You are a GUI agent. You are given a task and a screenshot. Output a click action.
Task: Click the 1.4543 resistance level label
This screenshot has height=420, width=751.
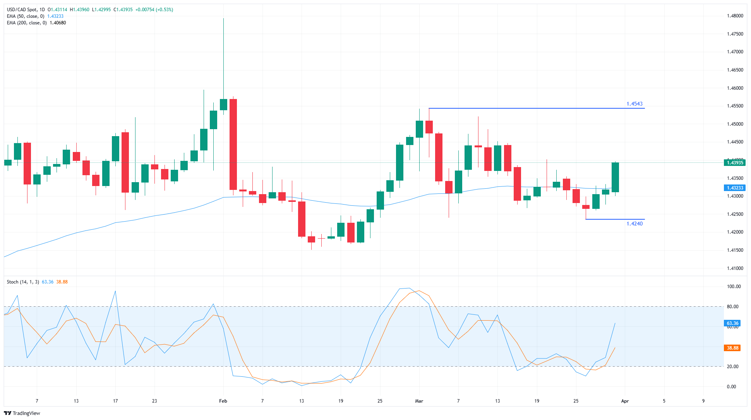634,104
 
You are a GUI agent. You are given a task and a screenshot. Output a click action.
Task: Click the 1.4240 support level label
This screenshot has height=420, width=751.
634,224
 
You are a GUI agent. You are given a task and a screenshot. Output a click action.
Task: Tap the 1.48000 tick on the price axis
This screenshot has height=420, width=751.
735,16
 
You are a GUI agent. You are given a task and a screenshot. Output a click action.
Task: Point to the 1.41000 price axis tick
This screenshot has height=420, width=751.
735,268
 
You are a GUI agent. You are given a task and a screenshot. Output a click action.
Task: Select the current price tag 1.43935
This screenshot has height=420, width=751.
734,163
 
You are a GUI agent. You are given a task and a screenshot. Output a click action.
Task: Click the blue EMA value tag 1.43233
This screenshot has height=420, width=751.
734,188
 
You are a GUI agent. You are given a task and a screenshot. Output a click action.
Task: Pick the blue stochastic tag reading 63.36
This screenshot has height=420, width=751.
732,323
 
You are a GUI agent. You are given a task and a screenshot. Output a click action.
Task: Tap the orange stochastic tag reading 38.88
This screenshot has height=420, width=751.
732,348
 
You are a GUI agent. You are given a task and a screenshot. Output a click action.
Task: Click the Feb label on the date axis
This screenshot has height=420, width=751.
223,401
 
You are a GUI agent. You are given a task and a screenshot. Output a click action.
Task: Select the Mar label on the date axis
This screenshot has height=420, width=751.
419,401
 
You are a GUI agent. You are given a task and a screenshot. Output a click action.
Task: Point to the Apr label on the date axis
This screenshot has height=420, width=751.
625,401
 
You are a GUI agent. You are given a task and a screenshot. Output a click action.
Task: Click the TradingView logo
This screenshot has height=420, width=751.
22,413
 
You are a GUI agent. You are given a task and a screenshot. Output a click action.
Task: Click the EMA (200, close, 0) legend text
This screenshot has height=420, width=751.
27,23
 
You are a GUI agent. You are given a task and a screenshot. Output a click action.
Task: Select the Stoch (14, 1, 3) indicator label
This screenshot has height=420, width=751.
23,282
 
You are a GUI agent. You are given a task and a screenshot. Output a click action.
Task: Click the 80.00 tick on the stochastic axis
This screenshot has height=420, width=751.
732,307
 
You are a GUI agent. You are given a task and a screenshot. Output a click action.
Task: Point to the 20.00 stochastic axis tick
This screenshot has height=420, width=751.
732,367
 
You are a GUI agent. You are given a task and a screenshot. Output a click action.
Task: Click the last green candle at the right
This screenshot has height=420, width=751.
615,177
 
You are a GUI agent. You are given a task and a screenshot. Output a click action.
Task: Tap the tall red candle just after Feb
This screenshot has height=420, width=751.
233,144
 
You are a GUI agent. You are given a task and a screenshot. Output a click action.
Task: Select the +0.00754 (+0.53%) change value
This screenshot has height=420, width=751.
154,10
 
